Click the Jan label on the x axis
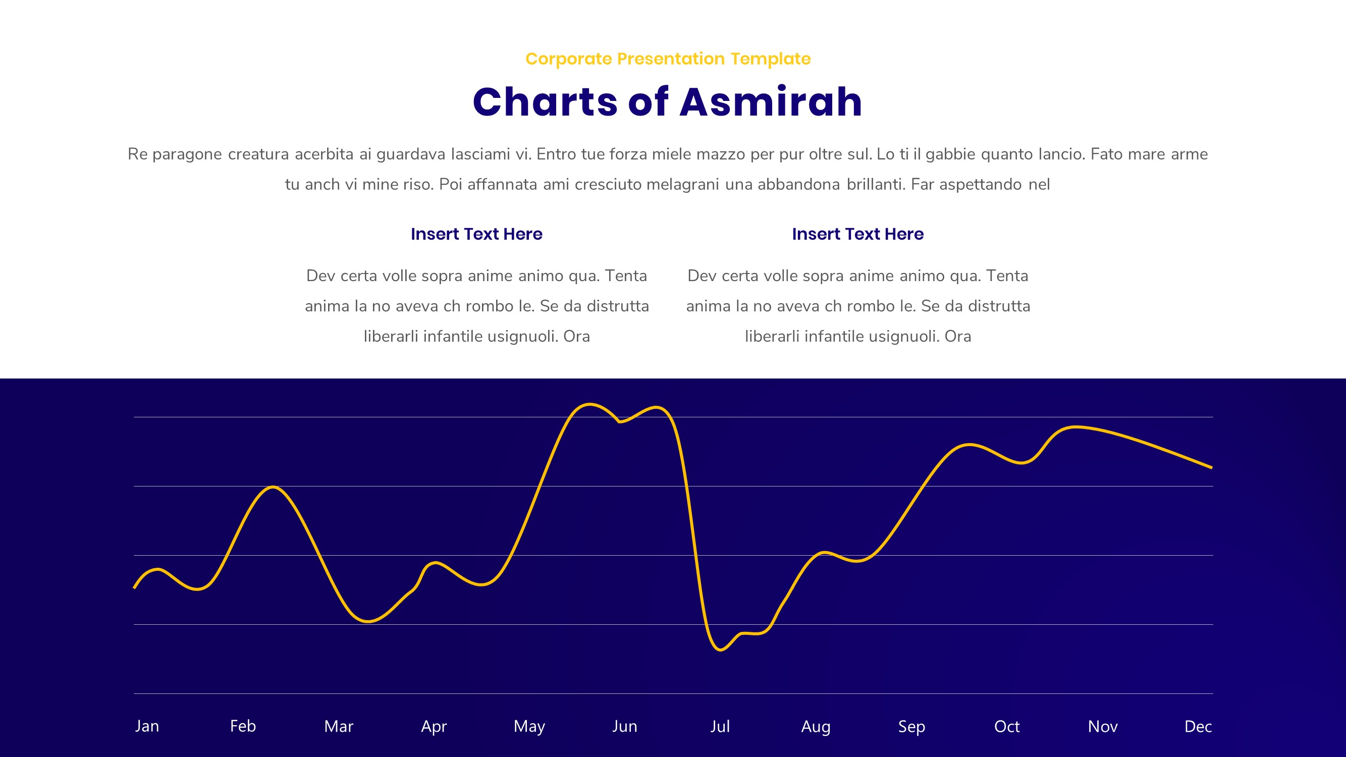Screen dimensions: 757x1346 pyautogui.click(x=147, y=726)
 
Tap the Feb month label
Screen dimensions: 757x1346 pyautogui.click(x=243, y=726)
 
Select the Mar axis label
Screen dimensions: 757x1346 pyautogui.click(x=339, y=726)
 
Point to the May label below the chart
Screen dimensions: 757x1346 pyautogui.click(x=529, y=726)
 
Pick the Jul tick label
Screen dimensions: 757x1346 pyautogui.click(x=720, y=726)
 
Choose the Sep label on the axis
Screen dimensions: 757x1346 pyautogui.click(x=911, y=726)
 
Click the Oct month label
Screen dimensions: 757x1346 pyautogui.click(x=1007, y=726)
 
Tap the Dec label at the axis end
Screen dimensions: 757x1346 pyautogui.click(x=1198, y=726)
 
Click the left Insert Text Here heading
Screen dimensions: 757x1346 pyautogui.click(x=476, y=234)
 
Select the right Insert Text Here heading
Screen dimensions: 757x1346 pyautogui.click(x=858, y=234)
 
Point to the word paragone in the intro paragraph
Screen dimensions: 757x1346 pyautogui.click(x=187, y=154)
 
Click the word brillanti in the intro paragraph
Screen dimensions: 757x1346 pyautogui.click(x=876, y=184)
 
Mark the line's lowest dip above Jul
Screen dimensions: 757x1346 pyautogui.click(x=720, y=650)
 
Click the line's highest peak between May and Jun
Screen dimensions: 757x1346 pyautogui.click(x=589, y=404)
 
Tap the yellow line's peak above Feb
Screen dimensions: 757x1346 pyautogui.click(x=273, y=487)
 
